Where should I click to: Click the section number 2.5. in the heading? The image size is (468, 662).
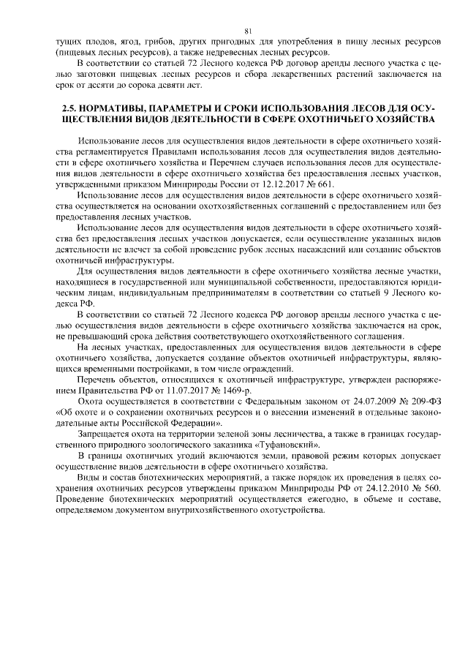71,108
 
